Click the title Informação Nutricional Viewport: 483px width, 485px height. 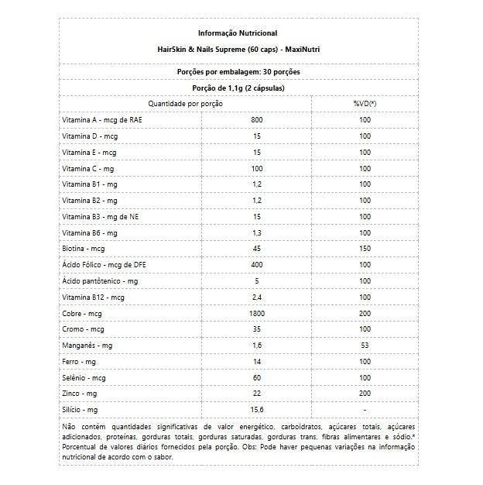click(x=238, y=33)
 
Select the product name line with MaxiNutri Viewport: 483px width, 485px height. click(x=238, y=49)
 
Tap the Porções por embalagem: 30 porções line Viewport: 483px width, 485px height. click(x=238, y=71)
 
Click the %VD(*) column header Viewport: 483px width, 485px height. click(x=365, y=103)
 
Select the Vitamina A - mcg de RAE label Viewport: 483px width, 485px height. click(x=101, y=120)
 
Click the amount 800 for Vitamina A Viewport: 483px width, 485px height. click(x=258, y=120)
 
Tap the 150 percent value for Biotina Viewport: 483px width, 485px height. click(x=365, y=249)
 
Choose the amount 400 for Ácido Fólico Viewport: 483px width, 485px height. click(x=258, y=265)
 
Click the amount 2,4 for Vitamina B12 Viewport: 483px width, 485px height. click(x=258, y=297)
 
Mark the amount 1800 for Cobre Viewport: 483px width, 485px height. click(x=258, y=313)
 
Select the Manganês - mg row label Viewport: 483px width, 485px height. click(x=87, y=345)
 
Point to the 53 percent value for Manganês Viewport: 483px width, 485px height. click(x=365, y=345)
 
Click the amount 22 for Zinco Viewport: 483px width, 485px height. click(x=258, y=394)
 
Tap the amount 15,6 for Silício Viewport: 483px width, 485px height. click(x=258, y=409)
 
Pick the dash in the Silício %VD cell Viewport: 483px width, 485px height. click(x=365, y=409)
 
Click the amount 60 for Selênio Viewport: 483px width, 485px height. click(x=258, y=377)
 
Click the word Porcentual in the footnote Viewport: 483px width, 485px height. click(x=80, y=447)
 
